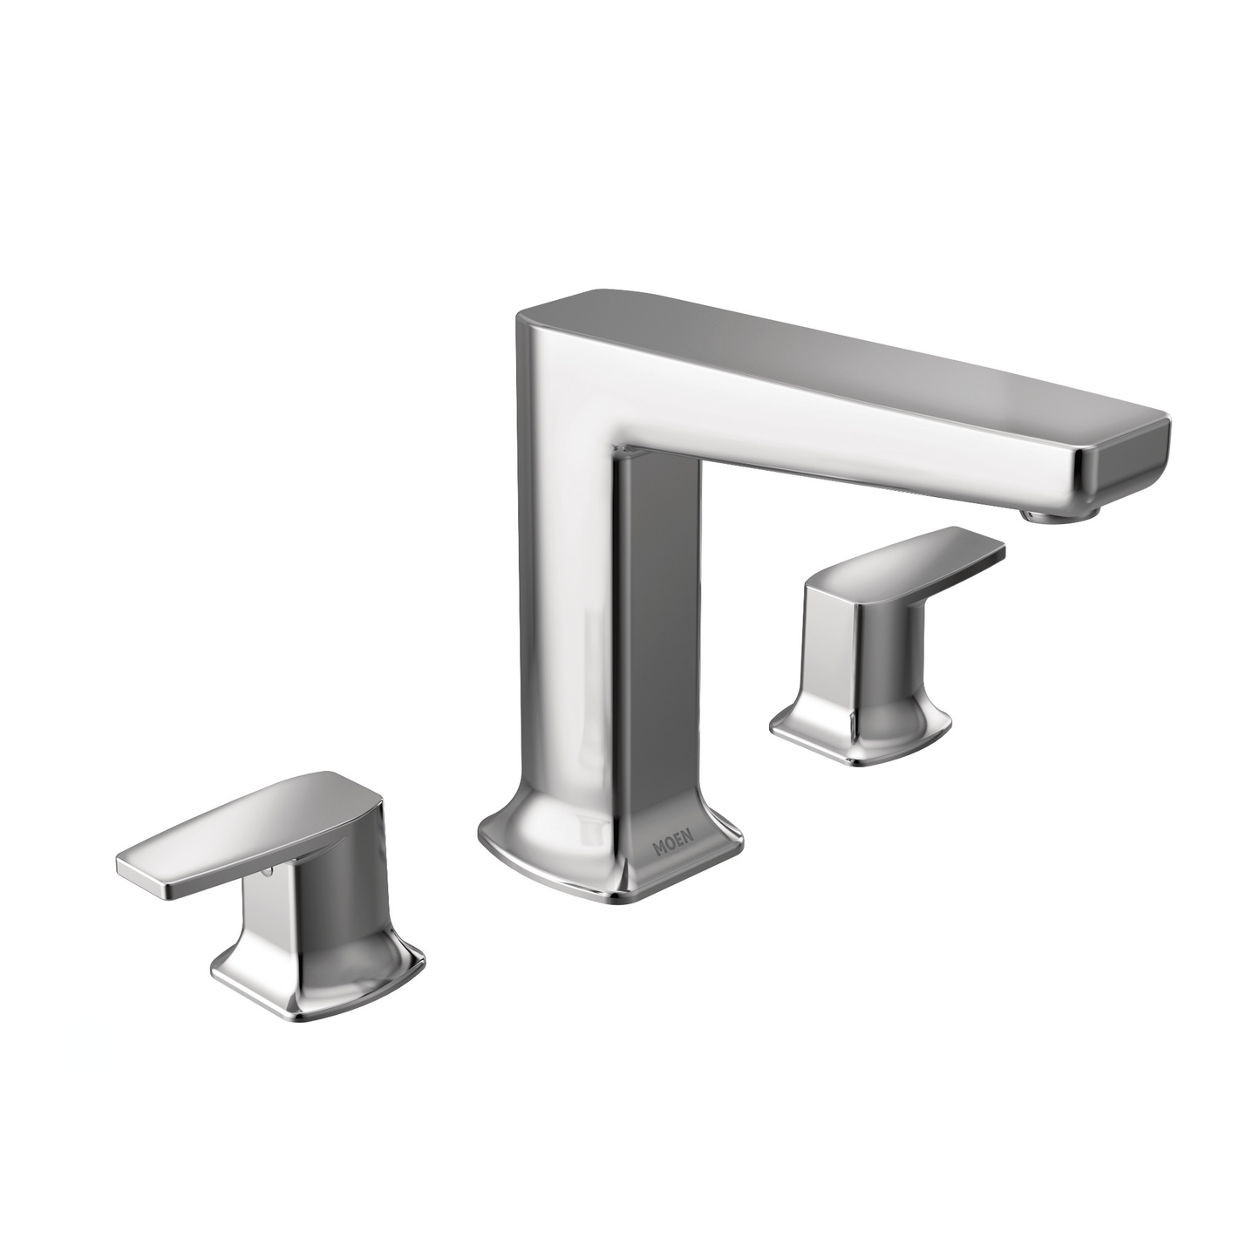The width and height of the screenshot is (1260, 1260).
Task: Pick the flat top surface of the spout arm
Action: [x=828, y=349]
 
